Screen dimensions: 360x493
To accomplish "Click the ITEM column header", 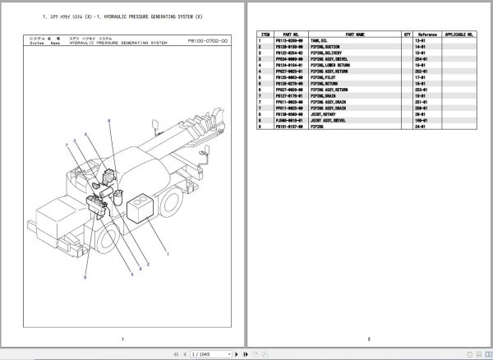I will coord(265,35).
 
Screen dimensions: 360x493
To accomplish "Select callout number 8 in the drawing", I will coord(108,121).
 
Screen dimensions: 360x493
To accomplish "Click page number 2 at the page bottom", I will coord(369,338).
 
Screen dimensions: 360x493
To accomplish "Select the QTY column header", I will coord(408,35).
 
